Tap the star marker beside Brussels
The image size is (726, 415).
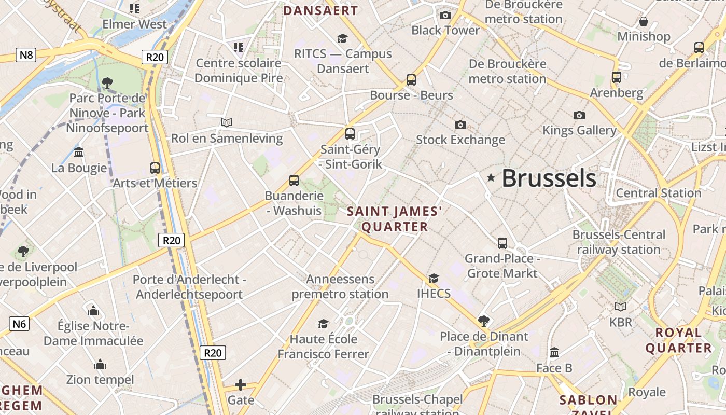(x=491, y=178)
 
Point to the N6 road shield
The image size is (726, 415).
(x=19, y=324)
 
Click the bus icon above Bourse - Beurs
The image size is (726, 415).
(x=411, y=80)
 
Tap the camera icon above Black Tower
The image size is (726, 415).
(x=445, y=15)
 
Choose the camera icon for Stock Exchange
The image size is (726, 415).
(x=460, y=125)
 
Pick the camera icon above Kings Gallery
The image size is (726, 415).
(x=579, y=115)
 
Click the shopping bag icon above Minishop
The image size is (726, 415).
(x=644, y=21)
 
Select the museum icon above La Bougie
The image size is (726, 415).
(x=79, y=153)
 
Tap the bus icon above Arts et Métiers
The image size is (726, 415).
(x=155, y=168)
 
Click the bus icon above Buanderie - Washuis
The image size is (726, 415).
(x=294, y=181)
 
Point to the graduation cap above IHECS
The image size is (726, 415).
(x=434, y=279)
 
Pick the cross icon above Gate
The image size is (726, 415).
(x=241, y=385)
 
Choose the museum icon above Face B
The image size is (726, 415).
(x=554, y=353)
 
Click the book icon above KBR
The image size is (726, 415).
(x=621, y=307)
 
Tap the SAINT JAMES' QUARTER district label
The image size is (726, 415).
(x=395, y=219)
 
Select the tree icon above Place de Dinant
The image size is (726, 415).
(x=484, y=321)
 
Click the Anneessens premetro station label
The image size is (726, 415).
(x=340, y=287)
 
